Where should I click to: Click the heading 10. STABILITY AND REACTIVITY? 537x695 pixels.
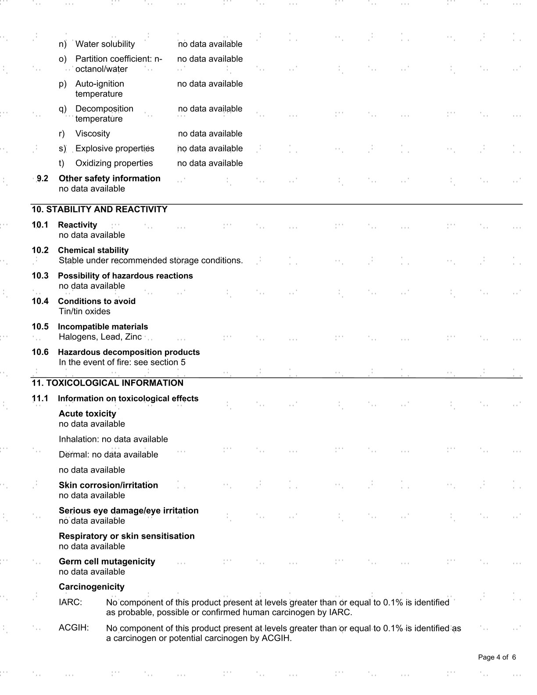pos(100,210)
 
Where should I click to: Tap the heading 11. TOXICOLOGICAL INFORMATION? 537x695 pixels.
pos(107,383)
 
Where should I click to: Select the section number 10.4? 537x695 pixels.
pos(40,301)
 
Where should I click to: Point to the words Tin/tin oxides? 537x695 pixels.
pos(85,312)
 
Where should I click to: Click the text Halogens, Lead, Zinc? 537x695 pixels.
pos(100,337)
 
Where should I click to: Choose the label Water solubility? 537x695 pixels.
pos(105,44)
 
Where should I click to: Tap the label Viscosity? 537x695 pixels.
pos(93,134)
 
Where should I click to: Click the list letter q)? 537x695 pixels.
pos(63,109)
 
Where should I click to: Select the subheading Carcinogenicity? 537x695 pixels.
pos(92,587)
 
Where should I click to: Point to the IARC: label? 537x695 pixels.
pos(70,602)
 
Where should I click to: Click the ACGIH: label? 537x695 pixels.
pos(74,628)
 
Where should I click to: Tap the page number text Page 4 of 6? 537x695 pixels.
pos(497,657)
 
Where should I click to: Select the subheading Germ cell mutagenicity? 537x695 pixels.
pos(107,562)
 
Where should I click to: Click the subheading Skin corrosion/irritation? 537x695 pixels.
pos(108,485)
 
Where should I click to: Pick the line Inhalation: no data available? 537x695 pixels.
pos(113,439)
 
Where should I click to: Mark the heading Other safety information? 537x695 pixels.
pos(110,179)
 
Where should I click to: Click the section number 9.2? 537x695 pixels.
pos(42,179)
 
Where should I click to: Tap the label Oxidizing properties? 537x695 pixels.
pos(114,163)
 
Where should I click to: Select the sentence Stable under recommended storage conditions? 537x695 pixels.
pos(151,261)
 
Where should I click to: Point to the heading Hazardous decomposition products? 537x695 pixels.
pos(129,352)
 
